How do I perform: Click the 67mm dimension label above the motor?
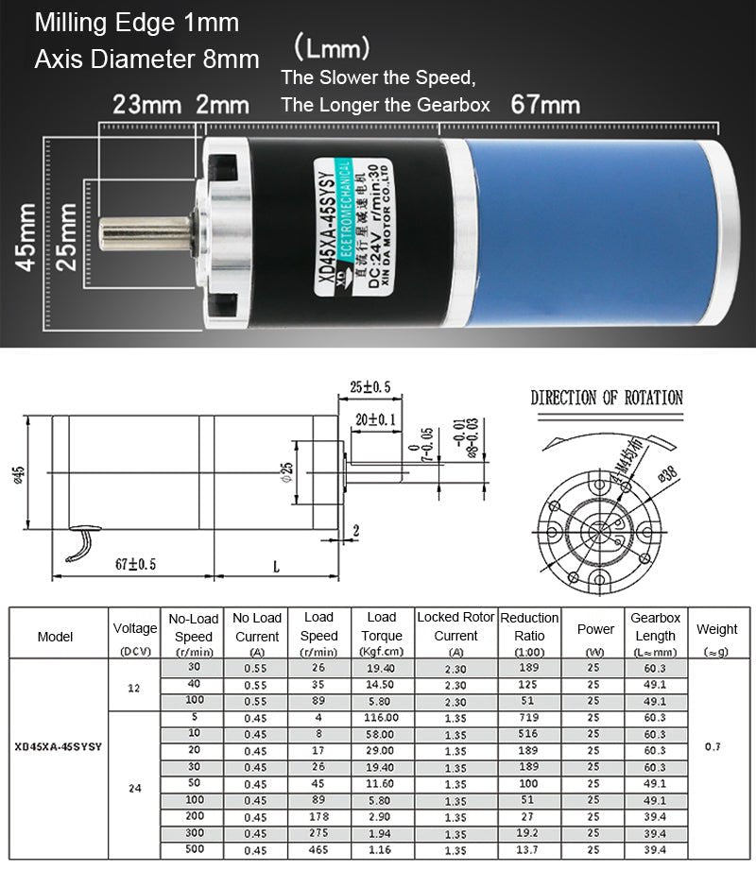[545, 103]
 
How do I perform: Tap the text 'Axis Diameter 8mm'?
[146, 60]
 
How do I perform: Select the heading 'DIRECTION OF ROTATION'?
[606, 398]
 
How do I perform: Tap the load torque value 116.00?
[382, 717]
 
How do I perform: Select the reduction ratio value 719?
[529, 717]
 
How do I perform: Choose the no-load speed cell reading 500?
[194, 850]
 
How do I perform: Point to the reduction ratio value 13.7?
[529, 850]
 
